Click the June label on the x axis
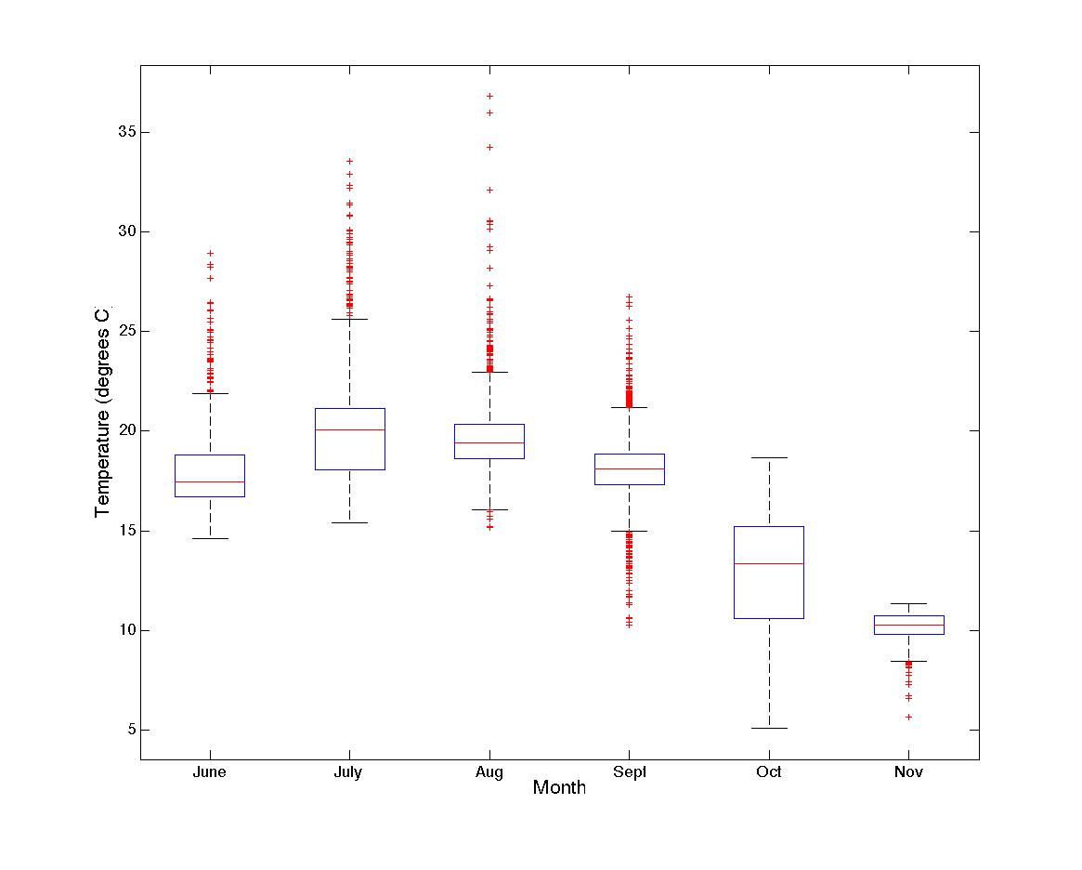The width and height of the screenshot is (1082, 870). tap(210, 772)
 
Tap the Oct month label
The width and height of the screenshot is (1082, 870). tap(769, 772)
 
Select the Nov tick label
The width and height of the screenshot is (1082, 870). tap(908, 772)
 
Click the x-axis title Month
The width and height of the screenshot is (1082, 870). tap(559, 788)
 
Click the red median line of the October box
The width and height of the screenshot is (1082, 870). tap(769, 563)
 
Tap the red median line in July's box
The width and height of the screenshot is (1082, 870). tap(349, 429)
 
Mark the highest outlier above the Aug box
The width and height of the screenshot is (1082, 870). tap(489, 96)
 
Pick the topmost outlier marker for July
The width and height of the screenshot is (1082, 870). tap(349, 161)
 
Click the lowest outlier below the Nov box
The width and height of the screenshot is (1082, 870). tap(908, 717)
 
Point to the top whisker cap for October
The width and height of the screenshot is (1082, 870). tap(769, 457)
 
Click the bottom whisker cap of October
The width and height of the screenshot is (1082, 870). tap(769, 728)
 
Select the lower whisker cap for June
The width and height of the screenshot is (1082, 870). tap(210, 538)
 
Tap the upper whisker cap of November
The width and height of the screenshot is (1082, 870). tap(908, 603)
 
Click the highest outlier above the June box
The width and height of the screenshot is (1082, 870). tap(210, 253)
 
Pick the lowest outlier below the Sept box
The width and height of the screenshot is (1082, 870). tap(629, 626)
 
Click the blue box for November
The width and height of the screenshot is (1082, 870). tap(908, 625)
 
